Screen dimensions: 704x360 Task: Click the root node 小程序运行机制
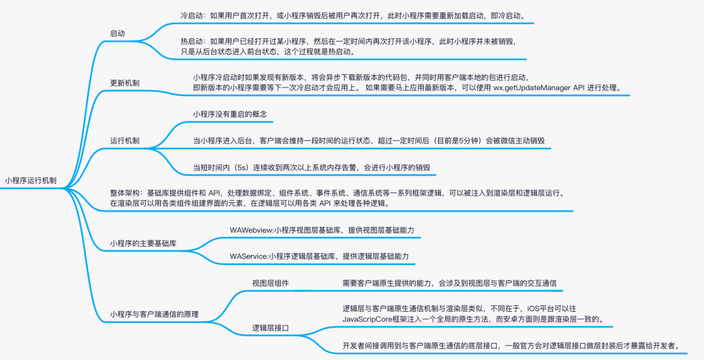click(31, 181)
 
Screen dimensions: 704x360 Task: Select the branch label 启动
click(117, 33)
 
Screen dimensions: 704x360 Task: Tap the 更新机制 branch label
click(124, 83)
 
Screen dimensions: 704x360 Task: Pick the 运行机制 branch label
click(124, 141)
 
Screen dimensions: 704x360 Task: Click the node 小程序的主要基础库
click(143, 243)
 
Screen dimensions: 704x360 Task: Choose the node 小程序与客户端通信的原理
click(154, 314)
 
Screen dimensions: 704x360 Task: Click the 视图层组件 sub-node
click(271, 284)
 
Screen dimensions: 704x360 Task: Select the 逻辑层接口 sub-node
click(271, 327)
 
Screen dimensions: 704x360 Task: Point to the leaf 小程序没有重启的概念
click(229, 113)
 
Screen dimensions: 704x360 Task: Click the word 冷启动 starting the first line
click(192, 14)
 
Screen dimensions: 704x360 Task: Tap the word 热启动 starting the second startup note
click(192, 41)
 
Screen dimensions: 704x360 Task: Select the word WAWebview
click(252, 230)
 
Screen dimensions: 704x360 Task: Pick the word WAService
click(250, 256)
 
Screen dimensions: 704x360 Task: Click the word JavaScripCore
click(373, 320)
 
